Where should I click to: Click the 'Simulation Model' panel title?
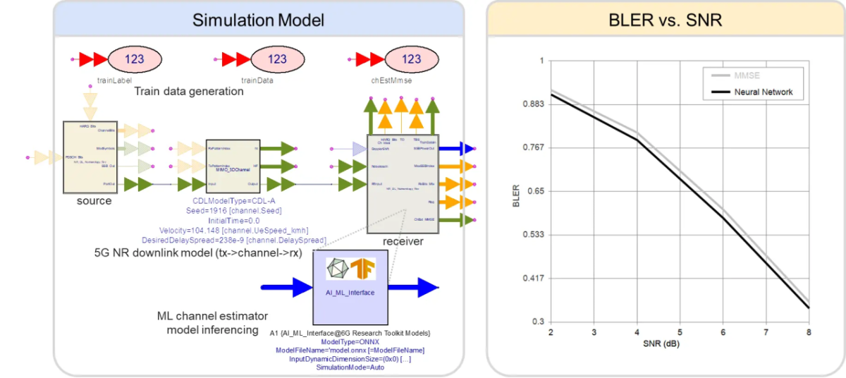point(258,20)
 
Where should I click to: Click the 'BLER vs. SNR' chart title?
point(665,20)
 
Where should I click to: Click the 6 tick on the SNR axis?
point(722,332)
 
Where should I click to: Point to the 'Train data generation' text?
point(189,92)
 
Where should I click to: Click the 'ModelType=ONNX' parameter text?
point(350,341)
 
